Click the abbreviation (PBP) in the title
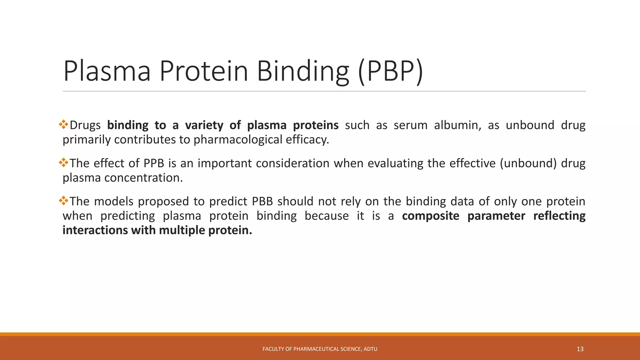[390, 71]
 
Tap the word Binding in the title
[302, 71]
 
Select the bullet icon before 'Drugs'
[63, 124]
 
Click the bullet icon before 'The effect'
[63, 162]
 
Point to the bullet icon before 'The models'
[63, 201]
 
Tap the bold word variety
[204, 125]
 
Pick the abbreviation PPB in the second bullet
[154, 163]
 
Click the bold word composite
[430, 216]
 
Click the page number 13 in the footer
[580, 349]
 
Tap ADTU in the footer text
[370, 349]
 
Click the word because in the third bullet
[327, 216]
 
